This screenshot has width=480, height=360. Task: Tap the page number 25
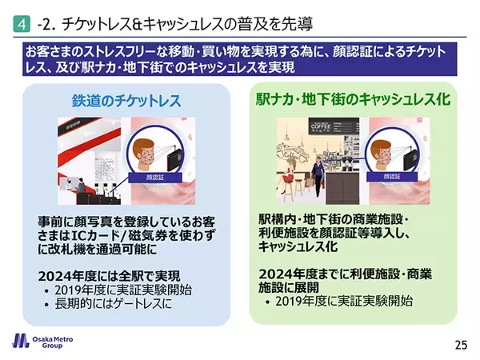click(x=460, y=345)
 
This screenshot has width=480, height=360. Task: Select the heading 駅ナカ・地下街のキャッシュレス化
click(x=355, y=101)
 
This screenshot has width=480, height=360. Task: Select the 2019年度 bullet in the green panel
click(x=344, y=302)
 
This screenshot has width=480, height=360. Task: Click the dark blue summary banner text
click(x=240, y=58)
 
